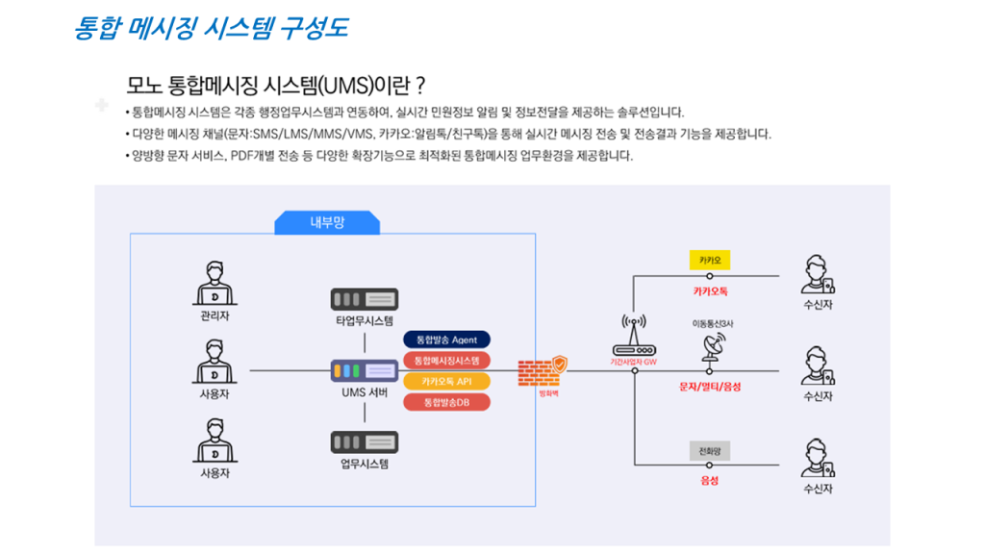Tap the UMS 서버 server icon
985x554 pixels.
click(x=365, y=370)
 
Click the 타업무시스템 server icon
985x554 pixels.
click(x=365, y=299)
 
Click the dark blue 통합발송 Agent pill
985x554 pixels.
click(x=446, y=340)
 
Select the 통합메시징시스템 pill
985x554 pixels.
click(x=446, y=361)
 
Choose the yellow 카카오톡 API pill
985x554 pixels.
click(x=446, y=381)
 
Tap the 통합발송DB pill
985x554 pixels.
click(x=446, y=402)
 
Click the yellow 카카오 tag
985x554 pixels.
click(x=711, y=260)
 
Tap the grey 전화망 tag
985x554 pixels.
click(x=711, y=450)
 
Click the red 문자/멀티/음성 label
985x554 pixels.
click(x=710, y=387)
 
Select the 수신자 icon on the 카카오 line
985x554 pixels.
click(x=818, y=275)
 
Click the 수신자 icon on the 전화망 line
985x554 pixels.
click(x=818, y=459)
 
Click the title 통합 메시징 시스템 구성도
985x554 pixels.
click(x=211, y=28)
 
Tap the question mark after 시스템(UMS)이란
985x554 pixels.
click(x=419, y=85)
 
